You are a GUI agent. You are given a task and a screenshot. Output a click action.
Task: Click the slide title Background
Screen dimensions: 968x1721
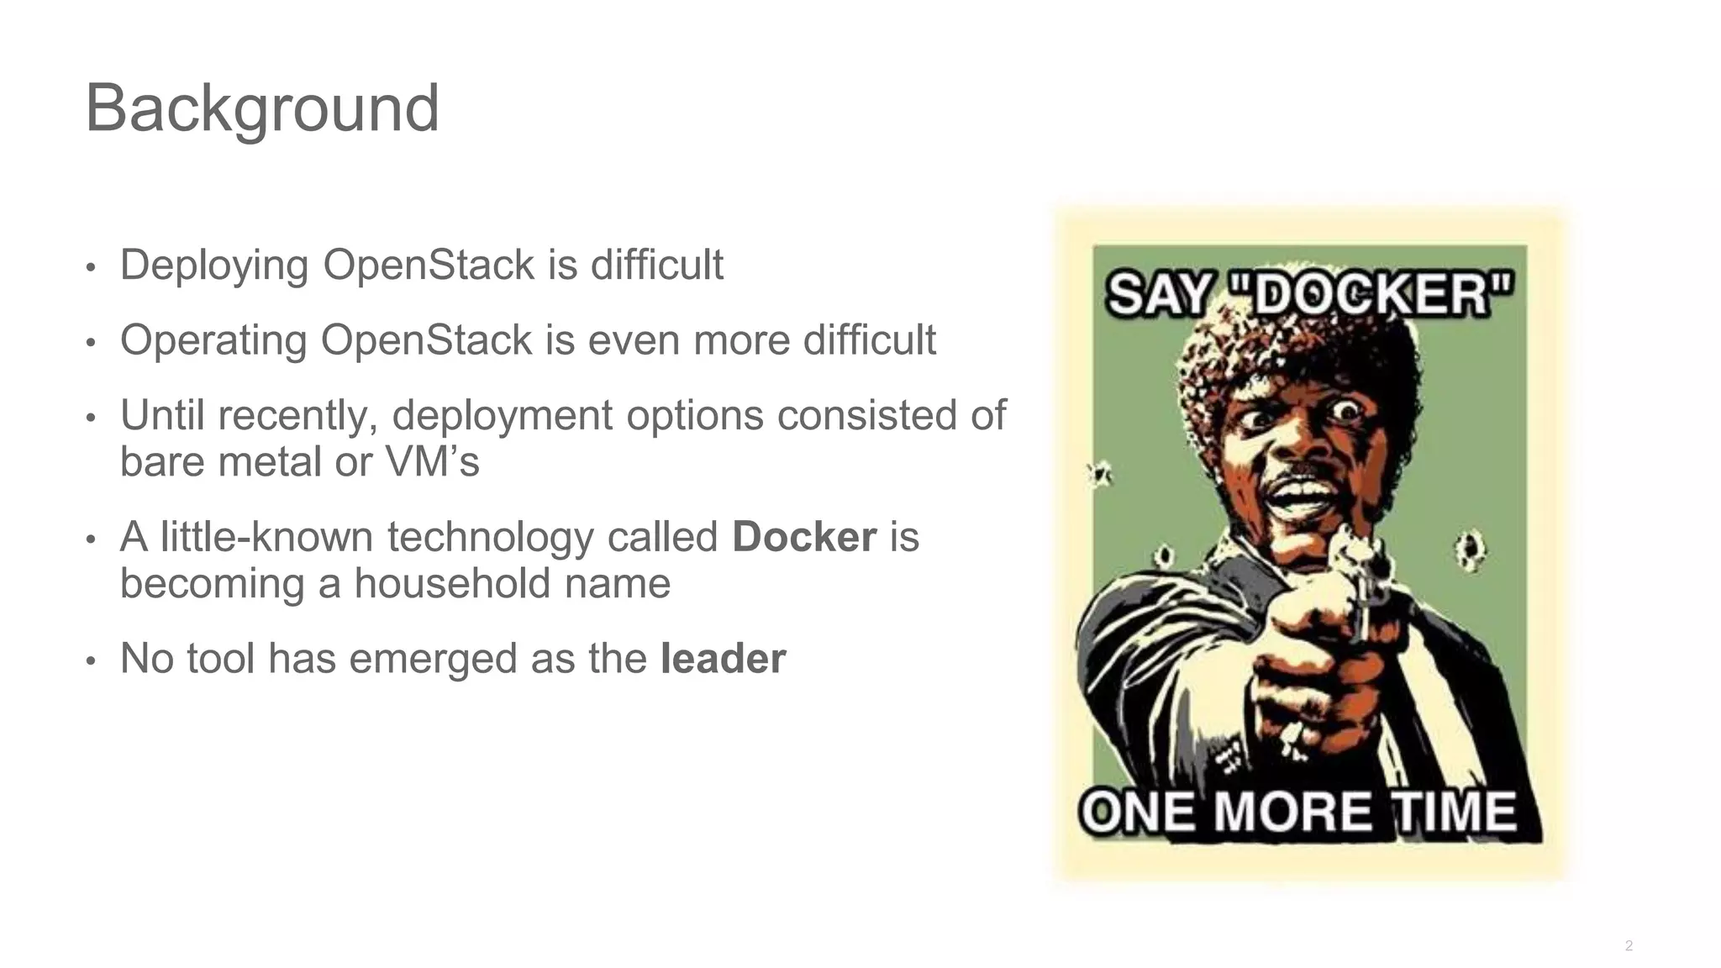262,108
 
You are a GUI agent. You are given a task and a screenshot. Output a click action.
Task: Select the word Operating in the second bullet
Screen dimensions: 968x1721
213,340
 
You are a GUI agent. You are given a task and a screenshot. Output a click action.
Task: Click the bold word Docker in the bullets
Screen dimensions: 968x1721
804,537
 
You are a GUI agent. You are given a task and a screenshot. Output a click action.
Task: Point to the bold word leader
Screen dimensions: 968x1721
723,658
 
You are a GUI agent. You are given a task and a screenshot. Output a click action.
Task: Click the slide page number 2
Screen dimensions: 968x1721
1629,946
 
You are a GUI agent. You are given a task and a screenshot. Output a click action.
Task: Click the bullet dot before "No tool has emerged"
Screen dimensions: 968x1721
91,660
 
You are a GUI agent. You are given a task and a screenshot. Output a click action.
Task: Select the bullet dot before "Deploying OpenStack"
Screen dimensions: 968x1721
91,268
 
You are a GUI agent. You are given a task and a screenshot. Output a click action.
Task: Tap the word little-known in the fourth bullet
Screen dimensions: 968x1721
266,537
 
